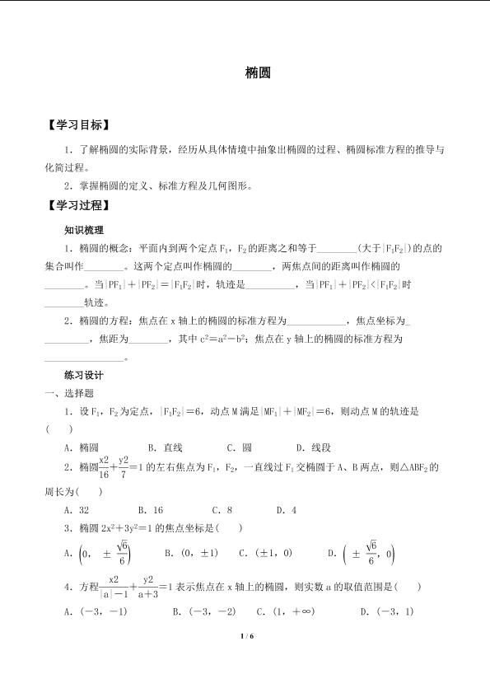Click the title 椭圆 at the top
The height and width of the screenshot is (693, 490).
click(254, 73)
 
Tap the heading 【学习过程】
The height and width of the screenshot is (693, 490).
click(76, 205)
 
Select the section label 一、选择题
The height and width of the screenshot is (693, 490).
click(71, 393)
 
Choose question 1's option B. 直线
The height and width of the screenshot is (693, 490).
click(165, 447)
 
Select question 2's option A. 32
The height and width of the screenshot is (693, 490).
click(77, 510)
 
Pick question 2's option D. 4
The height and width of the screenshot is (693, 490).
click(287, 510)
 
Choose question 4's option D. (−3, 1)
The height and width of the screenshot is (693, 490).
click(387, 611)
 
